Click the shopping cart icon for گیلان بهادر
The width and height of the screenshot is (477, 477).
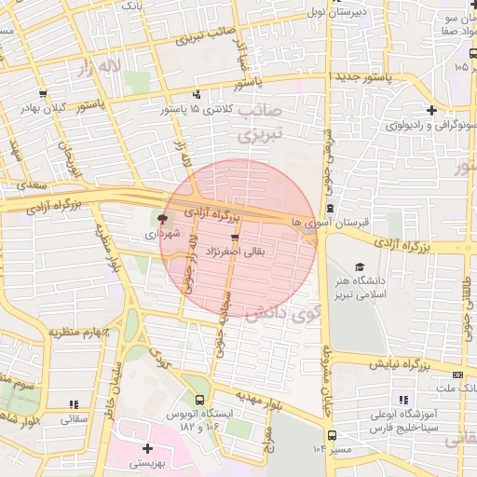pyautogui.click(x=43, y=94)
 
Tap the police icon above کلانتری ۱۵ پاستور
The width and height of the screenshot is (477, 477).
pyautogui.click(x=196, y=94)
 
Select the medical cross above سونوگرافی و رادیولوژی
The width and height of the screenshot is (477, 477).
pyautogui.click(x=429, y=108)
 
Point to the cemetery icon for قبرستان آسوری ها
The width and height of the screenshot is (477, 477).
pyautogui.click(x=330, y=209)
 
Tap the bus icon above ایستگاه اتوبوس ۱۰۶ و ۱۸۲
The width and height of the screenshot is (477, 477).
pyautogui.click(x=198, y=400)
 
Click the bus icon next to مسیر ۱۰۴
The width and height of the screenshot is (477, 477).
pyautogui.click(x=332, y=435)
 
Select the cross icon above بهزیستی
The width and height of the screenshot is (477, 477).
pyautogui.click(x=147, y=448)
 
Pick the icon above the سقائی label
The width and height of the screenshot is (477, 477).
pyautogui.click(x=74, y=404)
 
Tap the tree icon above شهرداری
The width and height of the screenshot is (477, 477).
pyautogui.click(x=164, y=220)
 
